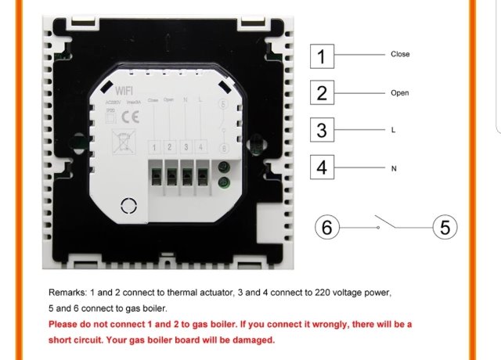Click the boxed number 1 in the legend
coord(322,56)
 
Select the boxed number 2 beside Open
coord(322,93)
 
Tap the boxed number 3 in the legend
coord(322,130)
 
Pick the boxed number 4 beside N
coord(322,167)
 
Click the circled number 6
coord(328,228)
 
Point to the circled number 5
coord(445,228)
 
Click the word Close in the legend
coord(400,55)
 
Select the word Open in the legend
coord(400,93)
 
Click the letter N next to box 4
coord(393,168)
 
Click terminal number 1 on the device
coord(155,147)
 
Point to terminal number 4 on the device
coord(201,147)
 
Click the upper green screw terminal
coord(224,167)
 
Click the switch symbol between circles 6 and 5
coord(387,222)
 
